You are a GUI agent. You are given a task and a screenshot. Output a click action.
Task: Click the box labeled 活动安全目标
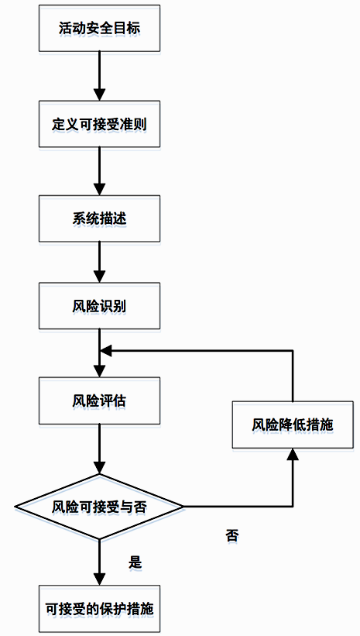99,29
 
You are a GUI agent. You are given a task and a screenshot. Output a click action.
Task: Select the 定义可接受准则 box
99,124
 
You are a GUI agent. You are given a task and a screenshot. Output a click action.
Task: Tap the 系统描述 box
99,218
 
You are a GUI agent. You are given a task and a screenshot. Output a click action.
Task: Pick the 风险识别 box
99,306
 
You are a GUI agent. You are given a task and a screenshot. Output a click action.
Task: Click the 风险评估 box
99,401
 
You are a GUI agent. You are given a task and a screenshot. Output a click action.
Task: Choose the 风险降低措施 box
293,425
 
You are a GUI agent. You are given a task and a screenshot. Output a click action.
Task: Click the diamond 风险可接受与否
99,507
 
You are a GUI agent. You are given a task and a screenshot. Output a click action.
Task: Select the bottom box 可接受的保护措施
99,608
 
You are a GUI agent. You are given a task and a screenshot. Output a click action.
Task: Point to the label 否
232,535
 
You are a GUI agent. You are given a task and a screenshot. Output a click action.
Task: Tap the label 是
135,562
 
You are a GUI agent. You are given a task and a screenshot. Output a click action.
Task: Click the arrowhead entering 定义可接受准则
99,94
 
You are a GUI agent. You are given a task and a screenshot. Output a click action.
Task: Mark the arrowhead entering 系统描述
99,189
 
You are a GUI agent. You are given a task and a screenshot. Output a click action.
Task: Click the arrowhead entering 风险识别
99,277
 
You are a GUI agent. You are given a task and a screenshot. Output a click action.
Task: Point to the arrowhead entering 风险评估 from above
99,371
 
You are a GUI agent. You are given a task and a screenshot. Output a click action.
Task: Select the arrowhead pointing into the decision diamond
99,468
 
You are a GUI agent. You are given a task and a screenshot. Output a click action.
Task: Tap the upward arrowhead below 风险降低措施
293,455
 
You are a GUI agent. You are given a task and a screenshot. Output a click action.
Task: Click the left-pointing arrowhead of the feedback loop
106,350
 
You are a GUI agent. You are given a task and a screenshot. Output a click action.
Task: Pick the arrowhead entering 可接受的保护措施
99,579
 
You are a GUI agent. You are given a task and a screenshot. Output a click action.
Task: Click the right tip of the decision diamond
183,507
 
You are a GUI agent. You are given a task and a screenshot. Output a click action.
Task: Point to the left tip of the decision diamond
15,507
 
